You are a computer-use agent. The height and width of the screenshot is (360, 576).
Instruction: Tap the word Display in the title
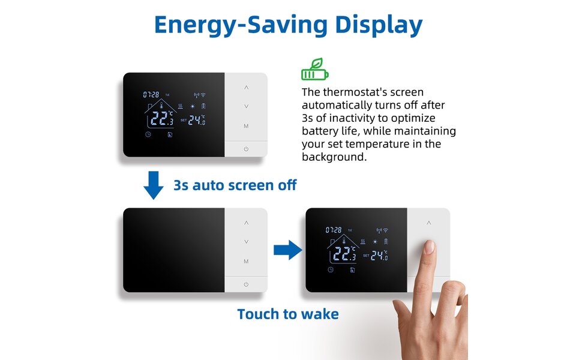tap(379, 25)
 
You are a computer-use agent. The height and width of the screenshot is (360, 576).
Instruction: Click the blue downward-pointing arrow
tap(154, 185)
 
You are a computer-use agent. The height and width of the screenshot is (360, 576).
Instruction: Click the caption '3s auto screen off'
tap(235, 185)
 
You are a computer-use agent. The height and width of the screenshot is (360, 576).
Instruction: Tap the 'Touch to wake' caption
tap(288, 314)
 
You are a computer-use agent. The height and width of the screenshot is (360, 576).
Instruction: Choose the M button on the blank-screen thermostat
tap(246, 262)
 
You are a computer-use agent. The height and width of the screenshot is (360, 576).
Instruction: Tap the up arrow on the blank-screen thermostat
tap(246, 223)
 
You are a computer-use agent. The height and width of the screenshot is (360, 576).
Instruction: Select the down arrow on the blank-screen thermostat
tap(246, 241)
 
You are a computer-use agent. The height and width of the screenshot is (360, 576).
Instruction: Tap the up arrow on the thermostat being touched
tap(429, 223)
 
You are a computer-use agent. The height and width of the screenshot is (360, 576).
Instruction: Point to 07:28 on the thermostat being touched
tap(334, 230)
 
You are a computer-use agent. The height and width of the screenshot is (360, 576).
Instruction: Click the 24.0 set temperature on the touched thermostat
tap(380, 255)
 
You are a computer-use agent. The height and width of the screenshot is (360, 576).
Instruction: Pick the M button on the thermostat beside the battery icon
tap(246, 126)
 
